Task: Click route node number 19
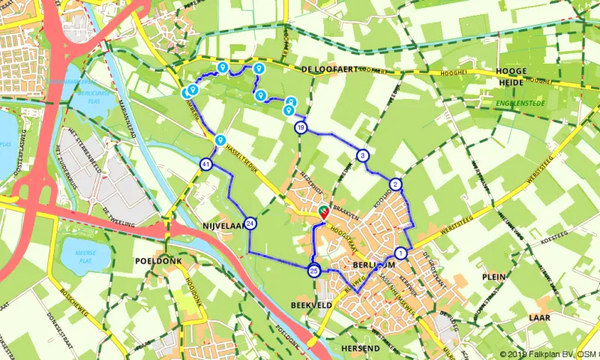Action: (301, 127)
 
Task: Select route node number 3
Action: (363, 156)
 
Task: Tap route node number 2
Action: (396, 184)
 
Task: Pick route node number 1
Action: (401, 253)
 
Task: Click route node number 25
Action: (314, 271)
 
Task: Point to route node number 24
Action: (250, 223)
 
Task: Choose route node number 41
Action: (206, 164)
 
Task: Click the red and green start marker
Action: (324, 211)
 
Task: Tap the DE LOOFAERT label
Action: (327, 68)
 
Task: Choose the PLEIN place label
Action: (494, 276)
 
